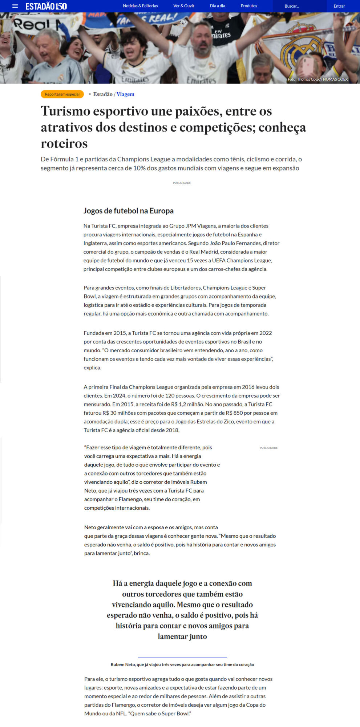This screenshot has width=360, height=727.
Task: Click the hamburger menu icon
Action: [15, 6]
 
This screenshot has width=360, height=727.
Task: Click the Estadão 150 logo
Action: [46, 6]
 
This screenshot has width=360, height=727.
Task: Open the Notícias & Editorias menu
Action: [140, 6]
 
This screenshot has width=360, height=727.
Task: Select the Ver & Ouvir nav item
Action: [184, 6]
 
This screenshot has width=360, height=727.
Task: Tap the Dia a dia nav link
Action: [218, 6]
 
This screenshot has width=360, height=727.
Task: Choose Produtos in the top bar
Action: [249, 6]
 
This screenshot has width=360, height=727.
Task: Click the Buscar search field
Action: [298, 6]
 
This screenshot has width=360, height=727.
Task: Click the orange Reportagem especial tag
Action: [62, 94]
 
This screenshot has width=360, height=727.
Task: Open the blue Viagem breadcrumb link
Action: [125, 94]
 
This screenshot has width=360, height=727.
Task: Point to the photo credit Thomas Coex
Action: [317, 79]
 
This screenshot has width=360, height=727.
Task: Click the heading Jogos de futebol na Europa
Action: [129, 211]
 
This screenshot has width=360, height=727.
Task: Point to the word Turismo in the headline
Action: [65, 111]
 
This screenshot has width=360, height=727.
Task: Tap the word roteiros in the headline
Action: [64, 144]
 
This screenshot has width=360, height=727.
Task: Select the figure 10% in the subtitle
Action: [139, 168]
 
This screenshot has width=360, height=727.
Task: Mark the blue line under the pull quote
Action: [182, 657]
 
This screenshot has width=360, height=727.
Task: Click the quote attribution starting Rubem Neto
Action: [182, 664]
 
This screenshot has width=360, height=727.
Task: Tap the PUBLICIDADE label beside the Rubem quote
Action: [268, 448]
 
